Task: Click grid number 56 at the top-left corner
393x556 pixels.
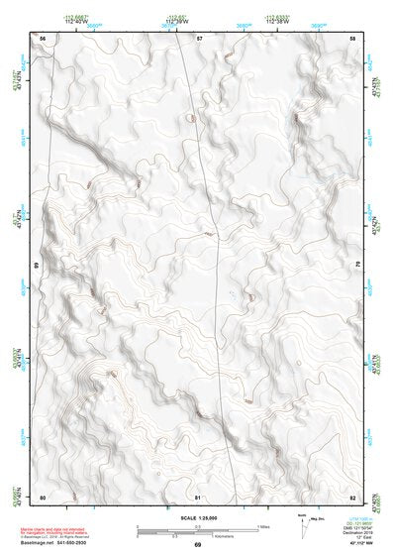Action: (43, 37)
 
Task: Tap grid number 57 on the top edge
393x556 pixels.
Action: (199, 37)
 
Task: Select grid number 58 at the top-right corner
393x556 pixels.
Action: (352, 37)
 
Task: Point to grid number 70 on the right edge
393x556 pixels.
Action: (357, 266)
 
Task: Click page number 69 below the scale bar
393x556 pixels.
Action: (198, 545)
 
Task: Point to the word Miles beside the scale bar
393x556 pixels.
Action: (265, 525)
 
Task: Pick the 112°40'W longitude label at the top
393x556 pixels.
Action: (75, 21)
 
